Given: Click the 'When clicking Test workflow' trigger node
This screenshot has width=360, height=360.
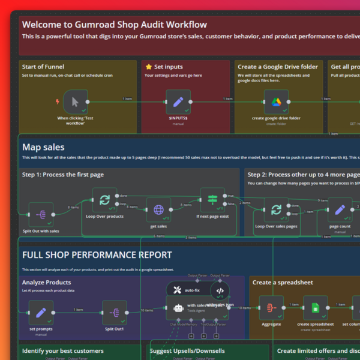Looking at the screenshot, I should (76, 101).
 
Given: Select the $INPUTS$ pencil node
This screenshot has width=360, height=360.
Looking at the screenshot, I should (178, 101).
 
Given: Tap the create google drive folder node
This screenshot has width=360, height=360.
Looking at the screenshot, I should (276, 101).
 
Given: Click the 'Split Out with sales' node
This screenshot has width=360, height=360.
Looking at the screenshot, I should (41, 214).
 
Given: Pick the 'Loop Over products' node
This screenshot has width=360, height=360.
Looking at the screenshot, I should (104, 200).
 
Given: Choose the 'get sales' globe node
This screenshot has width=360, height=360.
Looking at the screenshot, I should (158, 210).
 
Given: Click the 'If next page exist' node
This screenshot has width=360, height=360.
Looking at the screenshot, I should (212, 200).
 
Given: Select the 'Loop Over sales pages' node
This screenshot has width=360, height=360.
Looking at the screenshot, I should (276, 210).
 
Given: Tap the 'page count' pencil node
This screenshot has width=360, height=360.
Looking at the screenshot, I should (340, 210).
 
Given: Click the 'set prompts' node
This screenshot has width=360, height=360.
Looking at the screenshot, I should (41, 313).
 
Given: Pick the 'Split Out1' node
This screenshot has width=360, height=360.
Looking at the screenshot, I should (114, 313).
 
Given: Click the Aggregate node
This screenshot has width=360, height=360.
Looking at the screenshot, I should (271, 308).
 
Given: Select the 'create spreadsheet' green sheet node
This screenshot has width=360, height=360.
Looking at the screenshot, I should (315, 308).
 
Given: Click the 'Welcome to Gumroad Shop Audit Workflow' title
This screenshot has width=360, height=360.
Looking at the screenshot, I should (114, 25).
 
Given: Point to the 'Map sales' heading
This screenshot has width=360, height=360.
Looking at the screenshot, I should (43, 147).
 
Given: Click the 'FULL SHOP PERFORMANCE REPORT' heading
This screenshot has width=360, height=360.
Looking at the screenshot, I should (97, 255).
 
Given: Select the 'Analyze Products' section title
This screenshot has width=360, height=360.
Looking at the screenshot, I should (47, 282).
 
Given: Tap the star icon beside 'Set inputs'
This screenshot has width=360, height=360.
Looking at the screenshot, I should (148, 67).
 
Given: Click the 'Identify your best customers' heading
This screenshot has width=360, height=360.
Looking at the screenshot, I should (63, 350).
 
